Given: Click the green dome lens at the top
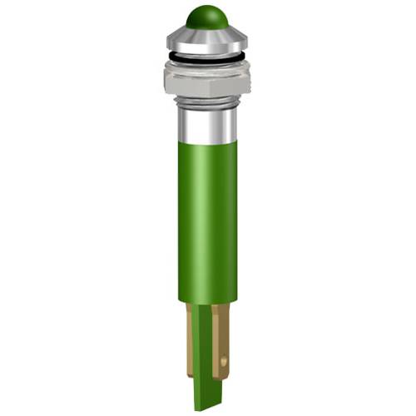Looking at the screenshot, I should pos(207,17).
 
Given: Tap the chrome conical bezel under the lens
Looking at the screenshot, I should pos(207,37).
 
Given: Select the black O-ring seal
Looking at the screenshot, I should pos(207,57).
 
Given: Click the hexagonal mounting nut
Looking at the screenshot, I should pos(207,77).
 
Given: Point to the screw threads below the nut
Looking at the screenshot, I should pos(207,102).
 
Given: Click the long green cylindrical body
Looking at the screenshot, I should pos(207,216).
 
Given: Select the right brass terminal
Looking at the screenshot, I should pos(221,333).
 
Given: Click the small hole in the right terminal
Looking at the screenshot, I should pos(224,361).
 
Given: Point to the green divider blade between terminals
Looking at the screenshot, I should pos(205,349).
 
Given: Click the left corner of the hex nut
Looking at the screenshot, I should pos(166,77).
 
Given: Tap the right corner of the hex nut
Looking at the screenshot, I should pos(249,77).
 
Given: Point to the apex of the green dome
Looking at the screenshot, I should pos(207,7).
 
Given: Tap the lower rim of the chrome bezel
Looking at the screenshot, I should pos(207,50).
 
